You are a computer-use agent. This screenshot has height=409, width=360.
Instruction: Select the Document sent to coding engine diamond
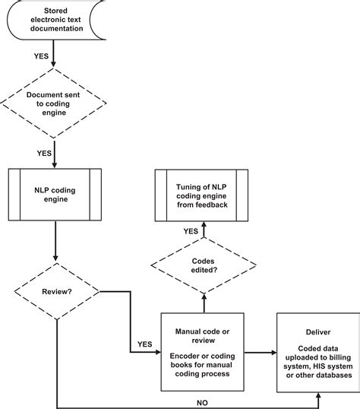(55, 103)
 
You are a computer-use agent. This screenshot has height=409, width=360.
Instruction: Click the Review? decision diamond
(55, 290)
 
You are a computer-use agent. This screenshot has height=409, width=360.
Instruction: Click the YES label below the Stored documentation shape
(43, 56)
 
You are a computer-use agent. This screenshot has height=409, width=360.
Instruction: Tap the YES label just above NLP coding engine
(43, 153)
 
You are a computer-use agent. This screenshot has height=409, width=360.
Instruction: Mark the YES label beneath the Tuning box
(190, 231)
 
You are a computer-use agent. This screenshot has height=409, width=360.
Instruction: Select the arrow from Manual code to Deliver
(258, 352)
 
